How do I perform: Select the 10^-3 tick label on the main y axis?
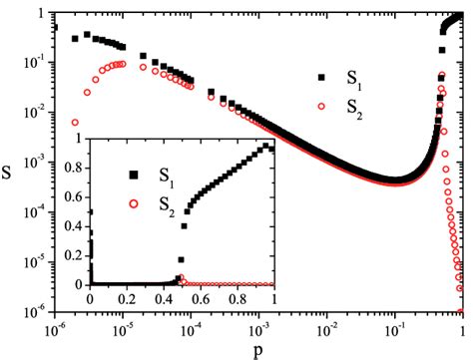coord(30,164)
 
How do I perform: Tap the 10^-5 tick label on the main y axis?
coord(30,263)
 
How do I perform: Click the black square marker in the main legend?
coord(320,77)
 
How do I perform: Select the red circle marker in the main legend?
coord(320,107)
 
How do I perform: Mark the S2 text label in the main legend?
coord(354,110)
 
